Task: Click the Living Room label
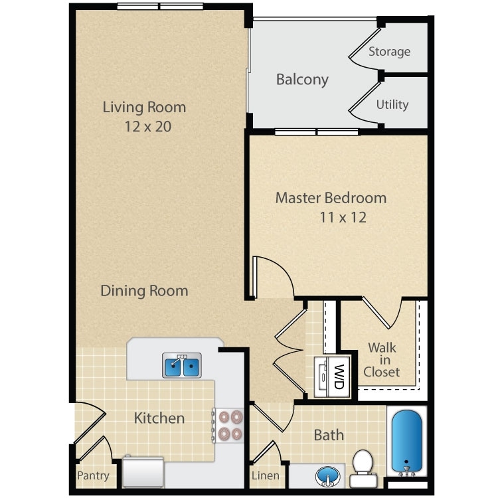pos(144,107)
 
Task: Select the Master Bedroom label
pos(331,198)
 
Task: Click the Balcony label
pos(302,80)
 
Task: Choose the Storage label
pos(389,52)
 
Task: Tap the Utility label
pos(392,104)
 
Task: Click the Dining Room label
pos(144,291)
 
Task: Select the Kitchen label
pos(159,418)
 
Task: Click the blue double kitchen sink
pos(181,366)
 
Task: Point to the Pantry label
pos(94,475)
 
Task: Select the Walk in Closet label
pos(382,359)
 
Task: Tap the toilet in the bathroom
pos(363,465)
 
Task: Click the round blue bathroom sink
pos(326,476)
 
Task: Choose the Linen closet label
pos(266,476)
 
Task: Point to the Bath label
pos(329,435)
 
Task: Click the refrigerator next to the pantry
pos(143,472)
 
